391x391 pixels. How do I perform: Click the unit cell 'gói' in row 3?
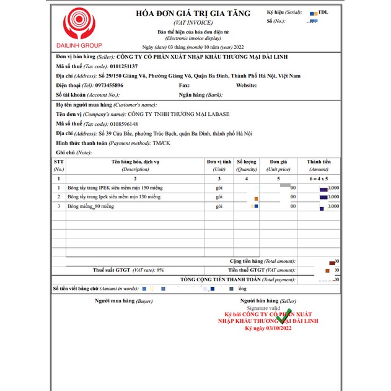pos(219,206)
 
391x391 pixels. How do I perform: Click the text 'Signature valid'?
pos(263,308)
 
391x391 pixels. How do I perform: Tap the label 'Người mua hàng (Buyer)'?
pos(123,301)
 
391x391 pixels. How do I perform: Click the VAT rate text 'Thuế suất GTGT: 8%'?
pos(128,270)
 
